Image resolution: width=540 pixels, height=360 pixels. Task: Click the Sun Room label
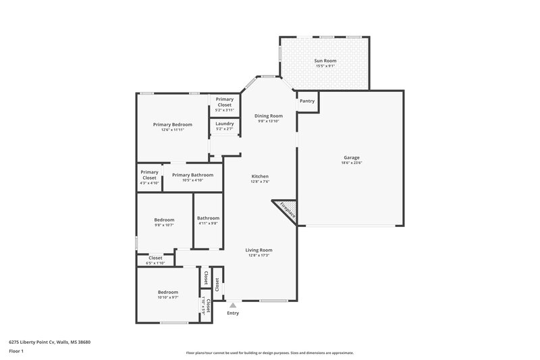325,61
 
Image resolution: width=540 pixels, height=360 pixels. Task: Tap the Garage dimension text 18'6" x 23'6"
351,163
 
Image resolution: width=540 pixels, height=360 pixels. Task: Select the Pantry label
307,101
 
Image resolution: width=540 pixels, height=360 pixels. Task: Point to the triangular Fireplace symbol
284,210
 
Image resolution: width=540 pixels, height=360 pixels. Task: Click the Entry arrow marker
233,305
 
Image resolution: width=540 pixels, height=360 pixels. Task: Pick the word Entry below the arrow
233,313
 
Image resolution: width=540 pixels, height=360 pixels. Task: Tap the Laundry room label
224,124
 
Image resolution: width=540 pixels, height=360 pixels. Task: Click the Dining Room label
268,116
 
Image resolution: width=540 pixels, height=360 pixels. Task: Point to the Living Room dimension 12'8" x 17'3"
260,255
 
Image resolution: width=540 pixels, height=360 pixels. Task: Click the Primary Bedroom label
172,124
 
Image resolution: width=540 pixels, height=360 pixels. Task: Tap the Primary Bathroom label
192,175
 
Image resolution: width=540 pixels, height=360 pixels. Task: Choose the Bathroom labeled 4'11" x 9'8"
208,218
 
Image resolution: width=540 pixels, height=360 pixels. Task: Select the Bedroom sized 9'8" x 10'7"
164,220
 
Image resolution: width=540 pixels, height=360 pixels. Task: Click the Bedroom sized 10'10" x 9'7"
168,292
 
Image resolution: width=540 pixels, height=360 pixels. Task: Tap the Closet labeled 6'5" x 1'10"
155,258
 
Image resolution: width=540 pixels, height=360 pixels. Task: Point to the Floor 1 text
16,352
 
